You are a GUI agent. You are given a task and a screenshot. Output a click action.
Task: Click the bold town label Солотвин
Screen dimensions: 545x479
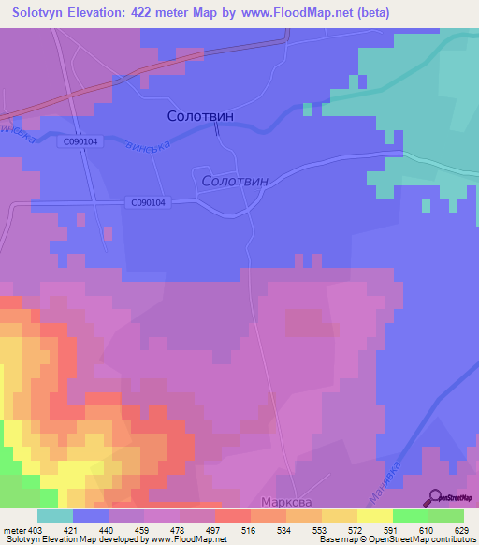199,116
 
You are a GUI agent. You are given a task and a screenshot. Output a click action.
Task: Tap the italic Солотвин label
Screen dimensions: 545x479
235,180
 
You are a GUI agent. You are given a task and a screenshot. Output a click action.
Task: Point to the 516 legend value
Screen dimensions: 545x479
250,531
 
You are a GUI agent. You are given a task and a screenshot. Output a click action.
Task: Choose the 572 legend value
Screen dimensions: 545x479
356,531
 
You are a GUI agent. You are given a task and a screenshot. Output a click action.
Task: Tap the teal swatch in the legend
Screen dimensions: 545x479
54,516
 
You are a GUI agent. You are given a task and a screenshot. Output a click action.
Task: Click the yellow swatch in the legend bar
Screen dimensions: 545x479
374,516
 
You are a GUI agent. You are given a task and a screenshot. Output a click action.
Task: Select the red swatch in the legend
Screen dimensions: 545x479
232,516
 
